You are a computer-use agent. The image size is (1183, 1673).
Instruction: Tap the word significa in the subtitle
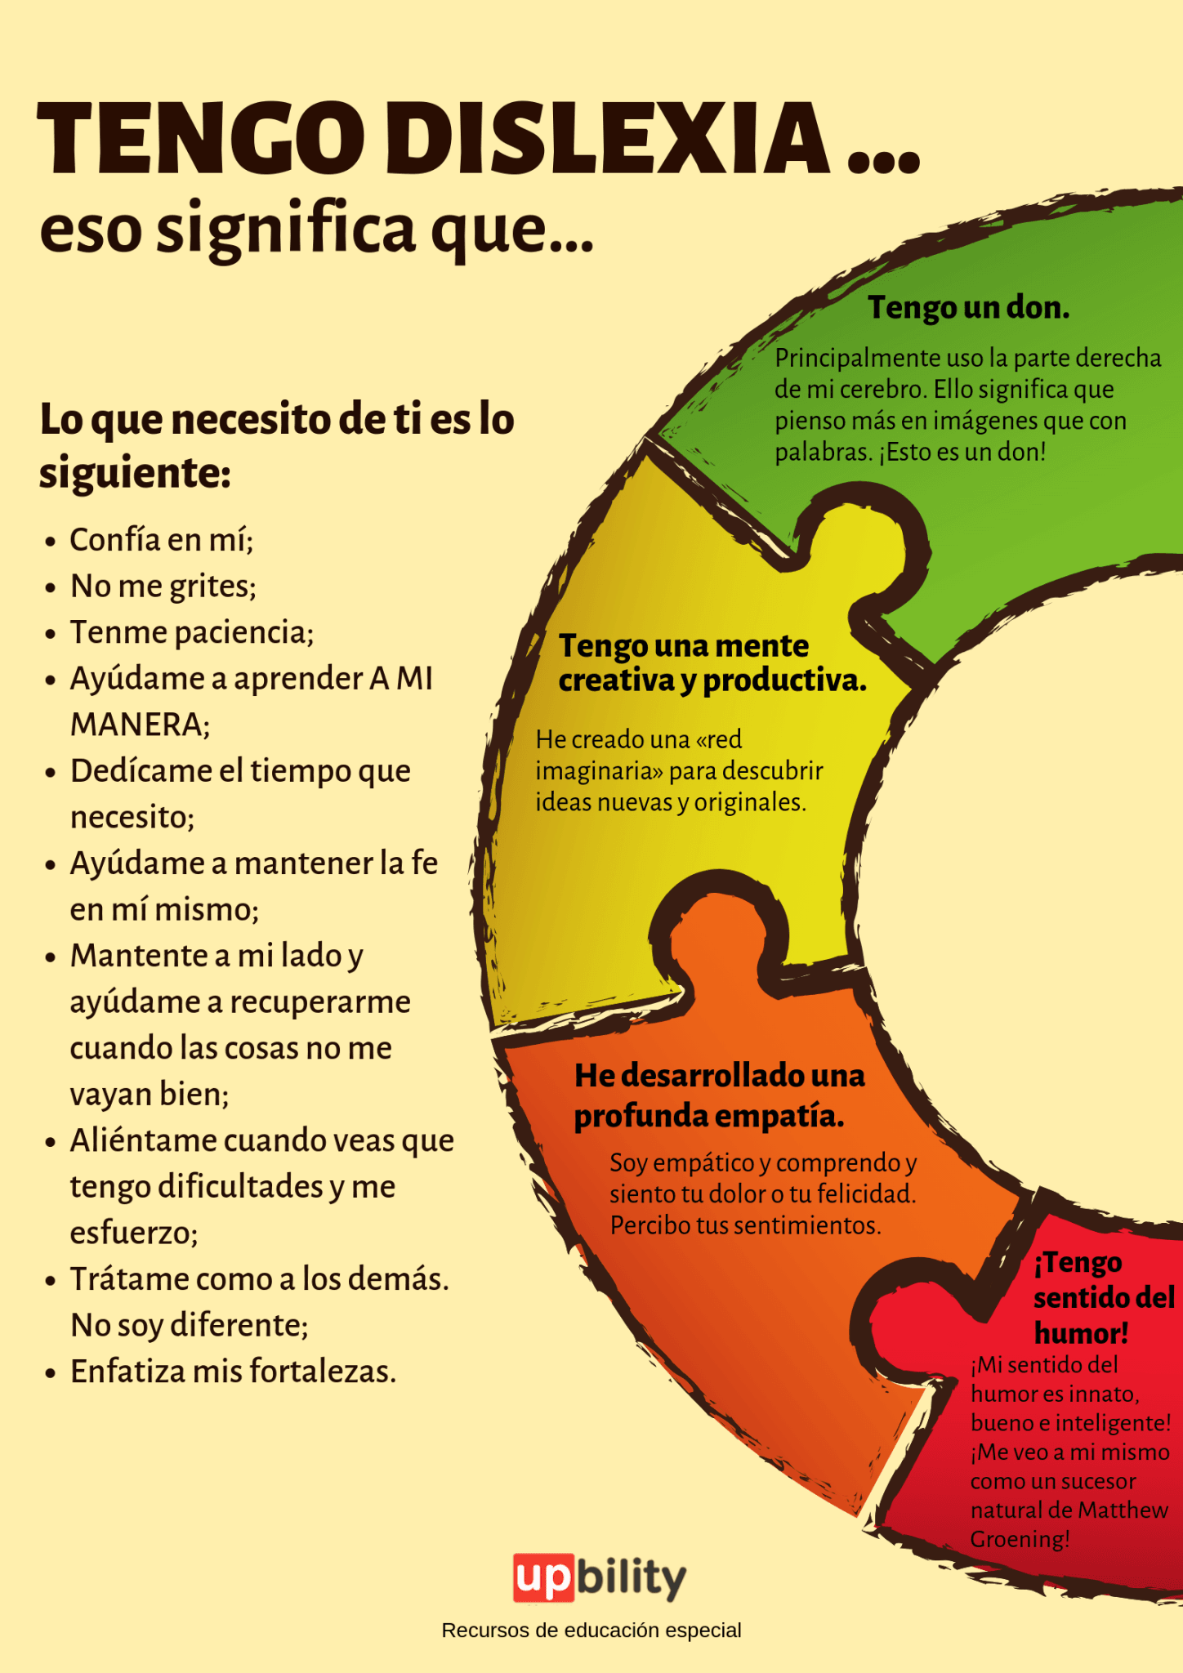coord(286,230)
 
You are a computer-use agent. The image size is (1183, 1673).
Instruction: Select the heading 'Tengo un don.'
coord(968,308)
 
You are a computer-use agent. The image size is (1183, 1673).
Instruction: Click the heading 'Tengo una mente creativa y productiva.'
coord(712,663)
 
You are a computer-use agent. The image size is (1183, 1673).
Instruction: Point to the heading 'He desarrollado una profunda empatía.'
coord(719,1095)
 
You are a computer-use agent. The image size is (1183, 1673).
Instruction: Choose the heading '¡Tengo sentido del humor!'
coord(1102,1297)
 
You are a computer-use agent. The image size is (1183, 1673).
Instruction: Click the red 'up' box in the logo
coord(542,1577)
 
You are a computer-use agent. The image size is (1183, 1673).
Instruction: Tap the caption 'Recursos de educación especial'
coord(591,1631)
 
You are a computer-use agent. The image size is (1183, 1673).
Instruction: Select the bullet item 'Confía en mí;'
coord(162,540)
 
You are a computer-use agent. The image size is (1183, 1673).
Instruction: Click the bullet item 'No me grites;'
coord(163,587)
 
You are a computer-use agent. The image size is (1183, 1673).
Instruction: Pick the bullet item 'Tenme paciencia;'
coord(192,633)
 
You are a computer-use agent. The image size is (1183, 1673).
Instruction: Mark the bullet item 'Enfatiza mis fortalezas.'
coord(233,1372)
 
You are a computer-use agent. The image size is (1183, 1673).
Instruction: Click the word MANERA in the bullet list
coord(138,725)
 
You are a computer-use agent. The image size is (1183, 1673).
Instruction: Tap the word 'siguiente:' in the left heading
coord(135,474)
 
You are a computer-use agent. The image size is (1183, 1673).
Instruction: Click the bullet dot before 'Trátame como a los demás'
coord(51,1280)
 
